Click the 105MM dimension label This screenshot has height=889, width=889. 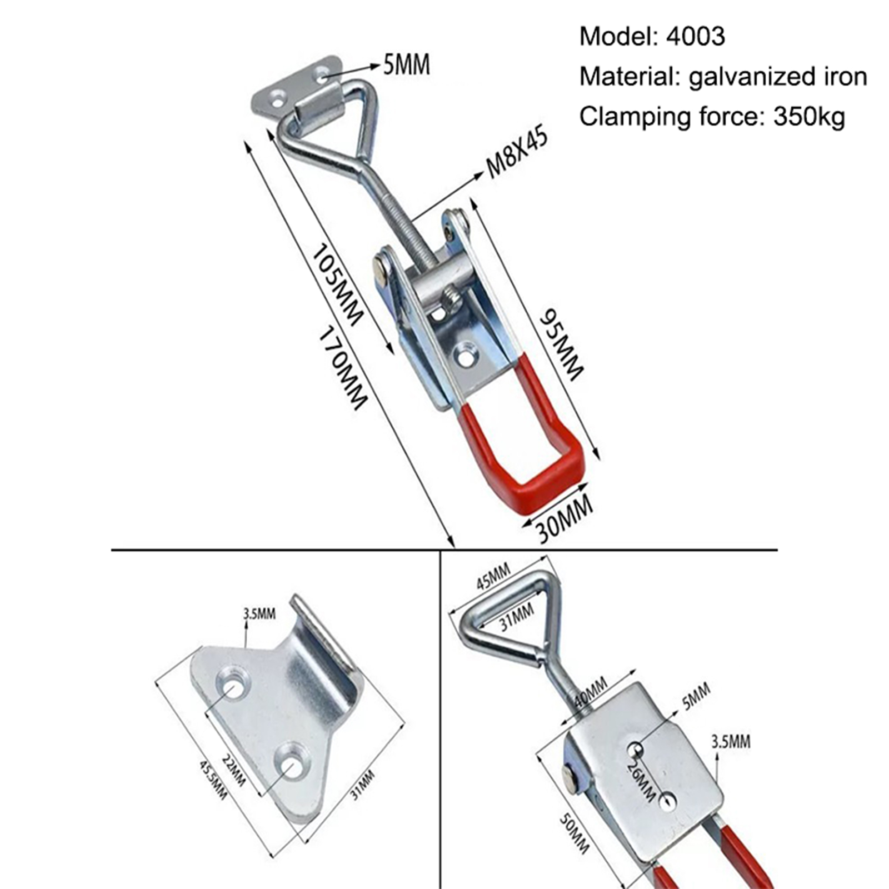337,286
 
